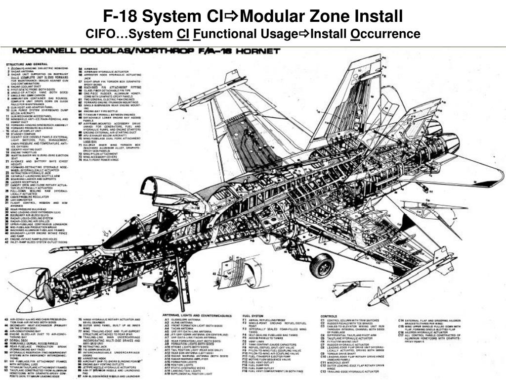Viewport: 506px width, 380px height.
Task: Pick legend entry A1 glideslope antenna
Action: [x=190, y=320]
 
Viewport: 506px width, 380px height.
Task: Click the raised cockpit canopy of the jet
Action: [x=163, y=193]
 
